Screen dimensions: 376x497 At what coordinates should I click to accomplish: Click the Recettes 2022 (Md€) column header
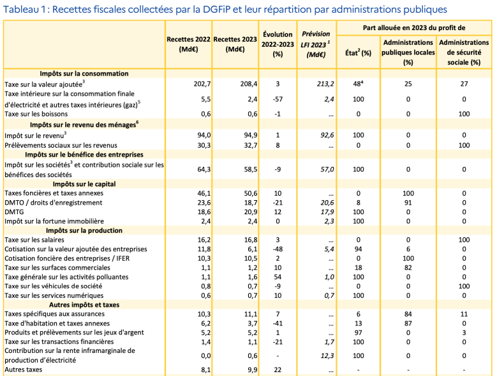(189, 44)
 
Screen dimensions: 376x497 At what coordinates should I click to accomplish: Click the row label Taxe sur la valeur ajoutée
(45, 83)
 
